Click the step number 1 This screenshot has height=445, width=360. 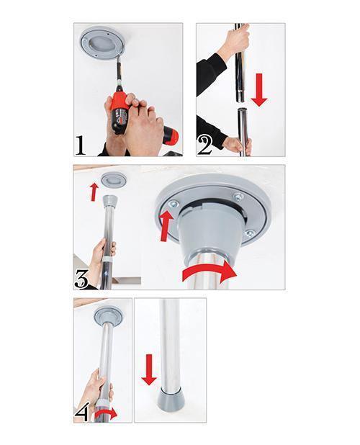coord(82,146)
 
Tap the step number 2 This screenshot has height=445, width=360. coord(204,145)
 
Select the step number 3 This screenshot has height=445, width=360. coord(82,279)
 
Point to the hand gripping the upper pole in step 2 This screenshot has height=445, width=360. coord(233,45)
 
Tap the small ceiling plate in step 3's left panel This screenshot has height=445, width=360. coord(111,179)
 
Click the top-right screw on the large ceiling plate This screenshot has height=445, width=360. coord(238,197)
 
